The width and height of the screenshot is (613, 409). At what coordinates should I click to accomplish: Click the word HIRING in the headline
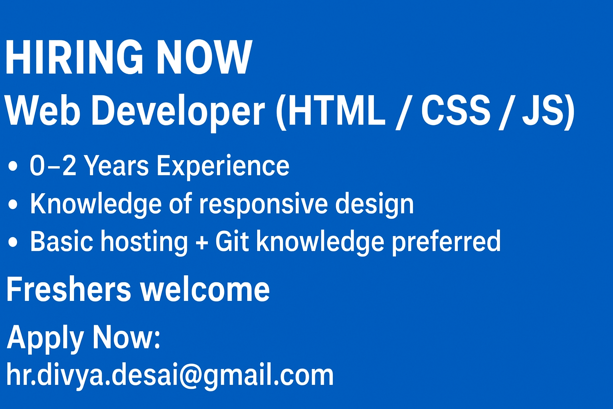(x=74, y=57)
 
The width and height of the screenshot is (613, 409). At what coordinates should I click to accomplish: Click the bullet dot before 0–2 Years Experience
(x=13, y=166)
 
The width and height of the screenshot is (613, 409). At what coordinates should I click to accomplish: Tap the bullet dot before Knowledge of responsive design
(x=13, y=204)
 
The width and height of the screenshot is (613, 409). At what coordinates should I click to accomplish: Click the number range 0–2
(x=53, y=165)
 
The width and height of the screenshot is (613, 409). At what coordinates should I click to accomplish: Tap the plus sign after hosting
(x=202, y=242)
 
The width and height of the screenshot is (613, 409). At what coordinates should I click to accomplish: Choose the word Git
(x=232, y=241)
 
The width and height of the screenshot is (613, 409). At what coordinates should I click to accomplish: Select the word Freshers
(x=68, y=289)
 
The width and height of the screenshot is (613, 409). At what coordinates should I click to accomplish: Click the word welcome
(x=205, y=289)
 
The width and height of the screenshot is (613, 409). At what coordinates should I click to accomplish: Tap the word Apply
(x=45, y=339)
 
